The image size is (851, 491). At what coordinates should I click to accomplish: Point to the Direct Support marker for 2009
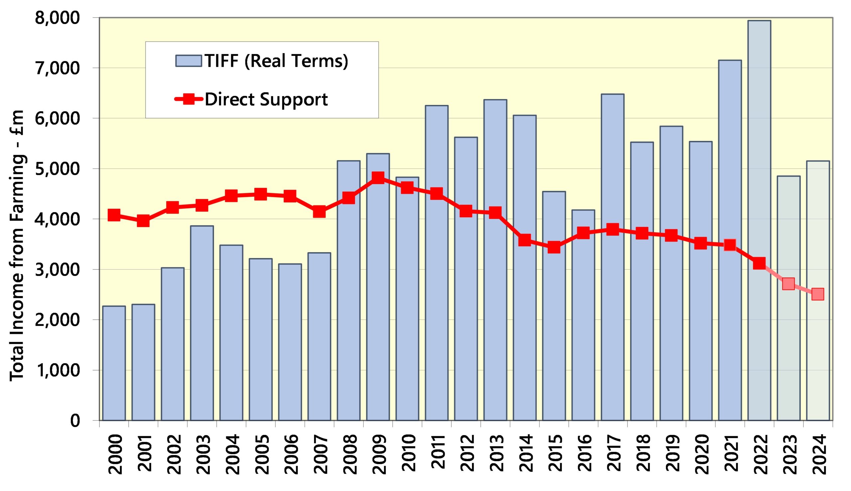click(378, 177)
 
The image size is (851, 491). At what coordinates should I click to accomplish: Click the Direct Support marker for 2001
click(143, 221)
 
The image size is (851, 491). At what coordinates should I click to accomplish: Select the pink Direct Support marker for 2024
click(818, 294)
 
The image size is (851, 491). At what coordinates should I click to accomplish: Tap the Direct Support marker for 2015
click(554, 247)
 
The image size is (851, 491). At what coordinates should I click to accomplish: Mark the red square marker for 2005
click(261, 194)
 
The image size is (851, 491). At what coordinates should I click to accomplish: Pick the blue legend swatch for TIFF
click(188, 61)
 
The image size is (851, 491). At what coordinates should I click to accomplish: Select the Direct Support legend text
click(266, 99)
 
